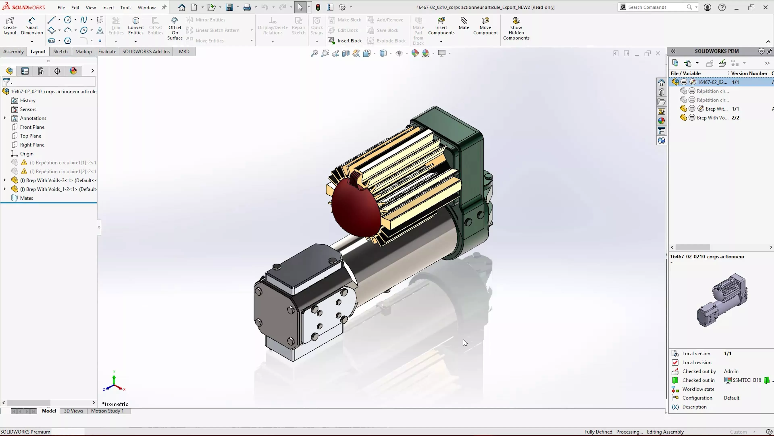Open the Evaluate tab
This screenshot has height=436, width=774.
pos(107,51)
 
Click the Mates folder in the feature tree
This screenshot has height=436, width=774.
pos(26,198)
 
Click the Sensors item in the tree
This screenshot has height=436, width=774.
pos(28,109)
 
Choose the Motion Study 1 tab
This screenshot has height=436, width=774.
pos(107,411)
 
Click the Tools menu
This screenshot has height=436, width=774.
pos(126,7)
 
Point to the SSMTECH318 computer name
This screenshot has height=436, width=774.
pos(747,380)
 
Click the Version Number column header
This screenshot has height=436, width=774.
pos(749,73)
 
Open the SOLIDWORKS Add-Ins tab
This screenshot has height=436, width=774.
pos(146,51)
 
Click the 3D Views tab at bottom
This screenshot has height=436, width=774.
pos(73,411)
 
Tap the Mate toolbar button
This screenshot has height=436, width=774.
pos(464,23)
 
